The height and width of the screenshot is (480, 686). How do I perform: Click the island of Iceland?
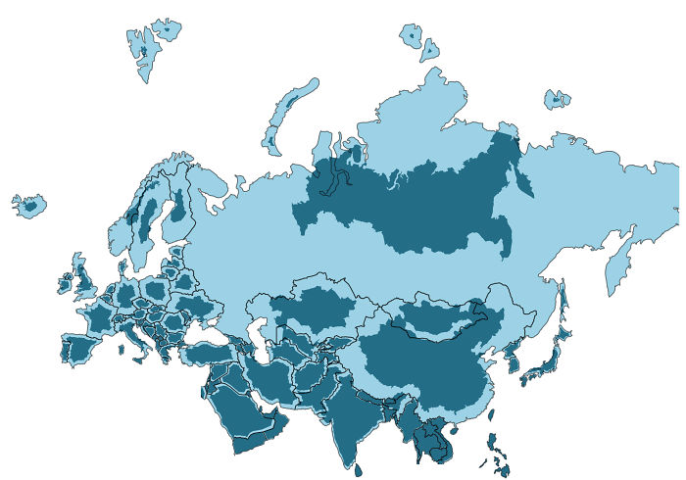coord(29,207)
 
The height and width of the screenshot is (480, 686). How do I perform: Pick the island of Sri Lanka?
coord(358,470)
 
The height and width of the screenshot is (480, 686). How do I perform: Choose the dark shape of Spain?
coord(78,349)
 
